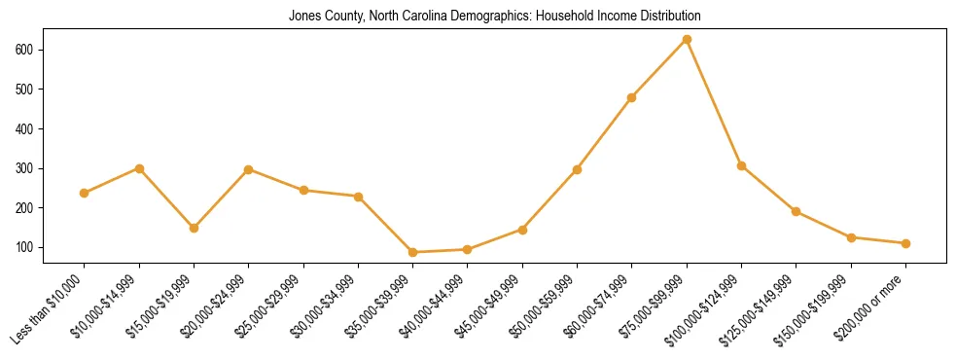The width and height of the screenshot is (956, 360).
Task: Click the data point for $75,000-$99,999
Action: (x=687, y=39)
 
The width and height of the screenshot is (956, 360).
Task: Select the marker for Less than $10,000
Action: (x=85, y=193)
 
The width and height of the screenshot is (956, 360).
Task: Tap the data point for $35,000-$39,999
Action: (x=413, y=252)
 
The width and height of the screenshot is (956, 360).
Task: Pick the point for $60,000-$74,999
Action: (x=632, y=97)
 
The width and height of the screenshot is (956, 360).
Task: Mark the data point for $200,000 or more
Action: (x=905, y=243)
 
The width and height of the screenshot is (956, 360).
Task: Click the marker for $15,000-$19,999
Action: (x=194, y=228)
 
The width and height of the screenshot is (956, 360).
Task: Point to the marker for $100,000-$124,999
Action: (x=741, y=165)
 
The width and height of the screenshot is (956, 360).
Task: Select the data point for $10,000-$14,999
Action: (x=139, y=168)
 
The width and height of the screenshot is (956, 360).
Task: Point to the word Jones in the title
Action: (x=303, y=17)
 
